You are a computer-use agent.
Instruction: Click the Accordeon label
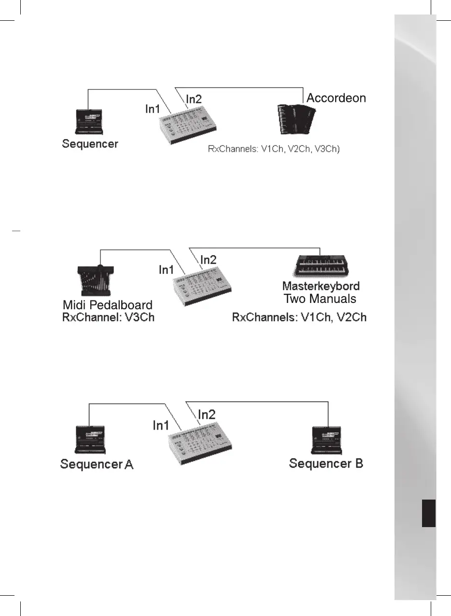point(337,98)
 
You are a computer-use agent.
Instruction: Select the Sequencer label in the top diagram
point(90,144)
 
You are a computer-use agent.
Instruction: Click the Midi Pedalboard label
point(108,305)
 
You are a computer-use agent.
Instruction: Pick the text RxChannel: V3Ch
point(108,317)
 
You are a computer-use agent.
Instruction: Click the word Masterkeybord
point(321,286)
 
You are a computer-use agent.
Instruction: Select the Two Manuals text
point(320,299)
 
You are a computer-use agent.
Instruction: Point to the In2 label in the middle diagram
point(209,259)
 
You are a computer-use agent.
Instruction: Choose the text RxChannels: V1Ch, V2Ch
point(299,317)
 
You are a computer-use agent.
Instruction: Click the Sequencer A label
point(97,465)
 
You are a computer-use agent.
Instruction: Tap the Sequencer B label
point(326,464)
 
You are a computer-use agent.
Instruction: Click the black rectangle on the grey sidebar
point(428,514)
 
